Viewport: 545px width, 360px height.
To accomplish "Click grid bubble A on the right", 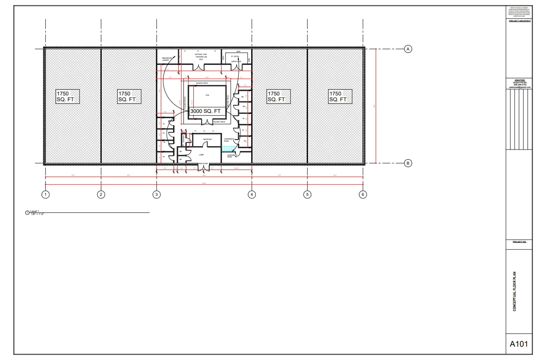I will (408, 49).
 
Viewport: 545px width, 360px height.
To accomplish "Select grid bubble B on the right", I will (408, 163).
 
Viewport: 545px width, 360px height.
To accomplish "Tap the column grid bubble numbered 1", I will (45, 194).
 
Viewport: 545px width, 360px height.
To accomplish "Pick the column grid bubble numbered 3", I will (156, 194).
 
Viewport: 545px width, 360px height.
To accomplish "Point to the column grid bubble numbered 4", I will (252, 194).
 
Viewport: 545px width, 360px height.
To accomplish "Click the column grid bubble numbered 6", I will (363, 194).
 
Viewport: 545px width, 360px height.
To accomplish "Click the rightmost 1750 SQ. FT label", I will (340, 97).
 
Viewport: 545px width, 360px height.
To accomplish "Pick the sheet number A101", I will (519, 344).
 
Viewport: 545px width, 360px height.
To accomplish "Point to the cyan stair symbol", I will (227, 148).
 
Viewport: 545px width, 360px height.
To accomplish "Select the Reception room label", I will (207, 140).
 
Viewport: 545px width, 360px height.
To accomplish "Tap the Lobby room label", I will (201, 155).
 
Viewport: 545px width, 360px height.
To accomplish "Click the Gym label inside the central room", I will (207, 95).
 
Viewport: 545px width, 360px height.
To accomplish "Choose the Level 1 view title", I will (34, 212).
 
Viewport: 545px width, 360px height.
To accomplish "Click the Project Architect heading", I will (519, 21).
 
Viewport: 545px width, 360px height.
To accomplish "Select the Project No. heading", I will (519, 242).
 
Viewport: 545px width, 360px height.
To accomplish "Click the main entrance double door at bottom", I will (202, 167).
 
